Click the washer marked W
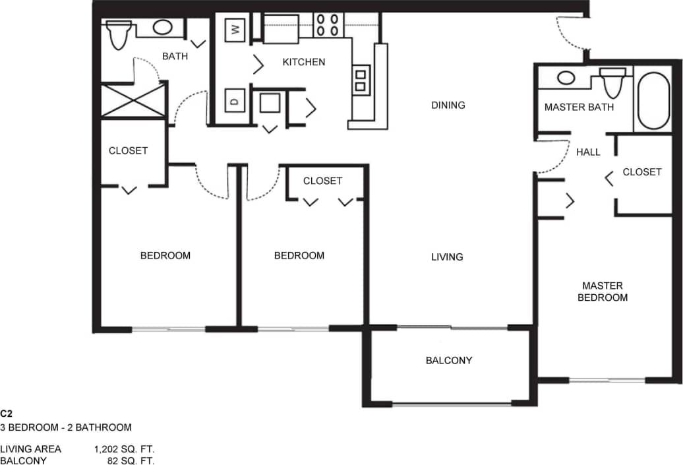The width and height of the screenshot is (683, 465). pos(235,29)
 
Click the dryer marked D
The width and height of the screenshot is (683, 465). pos(235,101)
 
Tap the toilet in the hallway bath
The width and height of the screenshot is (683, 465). pos(119,34)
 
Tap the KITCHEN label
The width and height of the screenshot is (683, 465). pos(304,62)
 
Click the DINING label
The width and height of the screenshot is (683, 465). pos(448,105)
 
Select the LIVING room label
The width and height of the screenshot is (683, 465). pos(447,257)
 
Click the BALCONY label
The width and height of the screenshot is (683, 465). pos(448,360)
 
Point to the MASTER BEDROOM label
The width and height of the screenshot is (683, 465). pos(602,292)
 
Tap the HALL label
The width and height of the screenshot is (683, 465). pos(588,152)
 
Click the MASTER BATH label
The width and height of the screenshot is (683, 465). pos(579,107)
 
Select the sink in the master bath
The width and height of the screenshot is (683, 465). pos(566,77)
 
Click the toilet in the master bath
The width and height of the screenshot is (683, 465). pos(613,82)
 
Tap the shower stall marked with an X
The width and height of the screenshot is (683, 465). pos(133,100)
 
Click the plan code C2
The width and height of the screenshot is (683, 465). pos(7,414)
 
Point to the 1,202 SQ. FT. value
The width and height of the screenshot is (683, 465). pos(124,449)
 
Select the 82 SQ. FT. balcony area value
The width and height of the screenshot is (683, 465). pos(131,460)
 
